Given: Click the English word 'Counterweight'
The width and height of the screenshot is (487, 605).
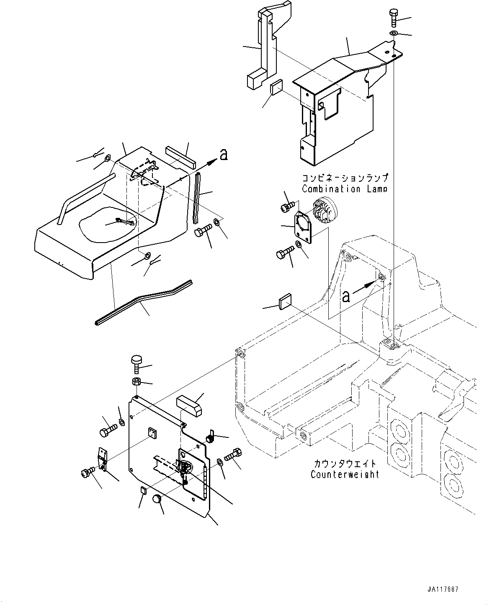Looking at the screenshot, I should (345, 474).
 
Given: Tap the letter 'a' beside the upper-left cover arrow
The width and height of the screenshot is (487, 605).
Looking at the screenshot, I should (224, 155).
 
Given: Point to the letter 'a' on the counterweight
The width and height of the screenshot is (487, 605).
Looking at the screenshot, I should (346, 296).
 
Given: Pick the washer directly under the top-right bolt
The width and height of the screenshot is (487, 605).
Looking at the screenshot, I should (394, 33).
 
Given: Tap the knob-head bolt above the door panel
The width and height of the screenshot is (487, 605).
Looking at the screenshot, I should (137, 363).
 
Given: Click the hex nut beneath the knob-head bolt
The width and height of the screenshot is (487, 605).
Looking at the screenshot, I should (137, 381).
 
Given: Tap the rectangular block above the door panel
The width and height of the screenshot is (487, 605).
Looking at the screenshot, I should (188, 405).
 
